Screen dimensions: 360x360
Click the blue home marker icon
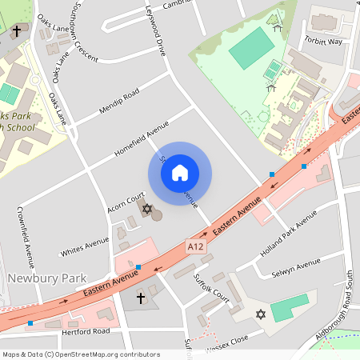click(180, 173)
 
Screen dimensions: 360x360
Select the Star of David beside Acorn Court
click(147, 209)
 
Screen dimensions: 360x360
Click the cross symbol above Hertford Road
click(142, 298)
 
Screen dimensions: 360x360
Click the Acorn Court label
click(126, 203)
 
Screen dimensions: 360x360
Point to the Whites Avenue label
click(85, 247)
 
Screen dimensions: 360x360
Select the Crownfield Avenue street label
click(26, 237)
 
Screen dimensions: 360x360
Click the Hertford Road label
click(89, 330)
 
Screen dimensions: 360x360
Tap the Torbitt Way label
click(322, 41)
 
